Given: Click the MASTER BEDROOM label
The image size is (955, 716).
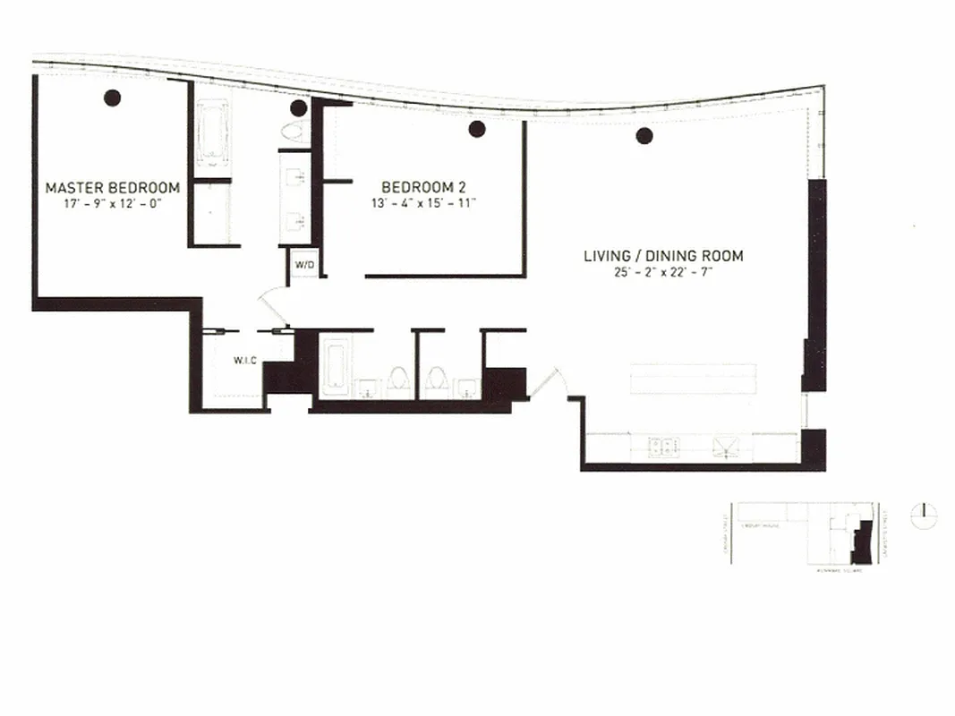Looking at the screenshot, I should (x=113, y=188).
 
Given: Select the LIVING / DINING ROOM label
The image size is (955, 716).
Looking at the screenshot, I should (x=663, y=256).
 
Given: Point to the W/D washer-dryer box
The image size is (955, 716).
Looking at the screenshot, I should (x=303, y=264).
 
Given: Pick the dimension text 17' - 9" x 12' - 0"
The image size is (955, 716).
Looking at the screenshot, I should (x=113, y=203).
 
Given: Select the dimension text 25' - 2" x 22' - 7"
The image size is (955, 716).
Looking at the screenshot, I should (x=663, y=271).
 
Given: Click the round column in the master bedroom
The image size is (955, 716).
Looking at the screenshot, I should (x=112, y=98).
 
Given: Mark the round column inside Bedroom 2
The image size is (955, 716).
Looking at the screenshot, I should (x=477, y=129).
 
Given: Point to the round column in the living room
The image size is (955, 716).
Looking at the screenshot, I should (x=644, y=136).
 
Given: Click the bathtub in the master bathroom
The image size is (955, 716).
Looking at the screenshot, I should (x=212, y=134).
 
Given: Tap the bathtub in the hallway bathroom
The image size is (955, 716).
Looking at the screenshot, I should (x=335, y=368).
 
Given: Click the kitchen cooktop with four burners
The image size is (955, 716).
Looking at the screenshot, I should (x=662, y=446).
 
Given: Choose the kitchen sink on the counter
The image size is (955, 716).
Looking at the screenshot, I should (x=723, y=447).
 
